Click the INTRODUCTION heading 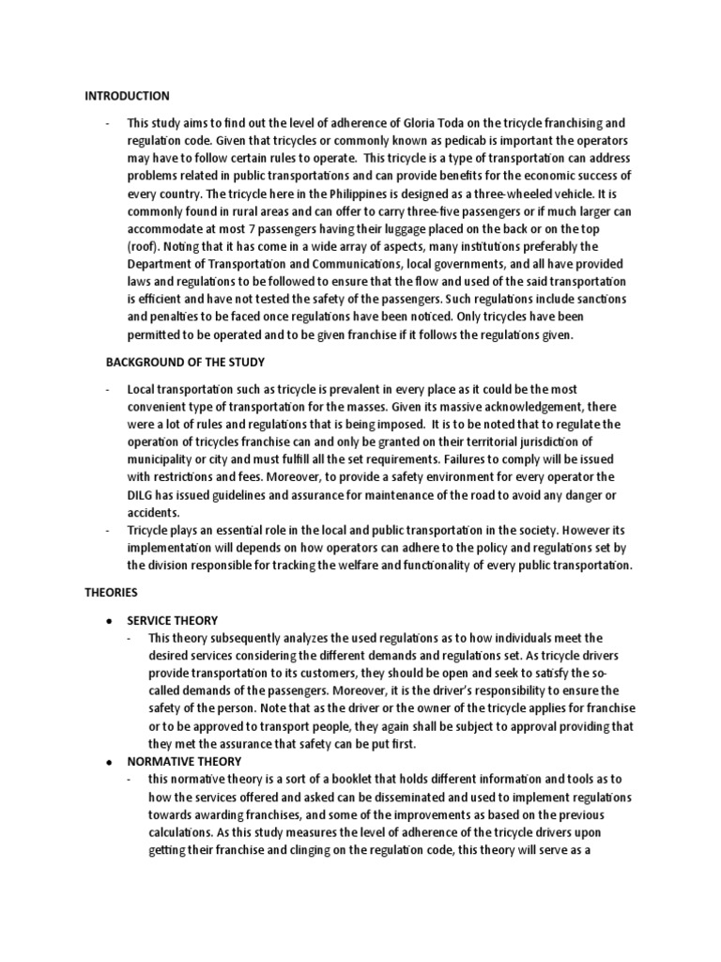(128, 96)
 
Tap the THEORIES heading (111, 593)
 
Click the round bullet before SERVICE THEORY (112, 621)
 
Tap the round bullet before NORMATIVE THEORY (112, 761)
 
